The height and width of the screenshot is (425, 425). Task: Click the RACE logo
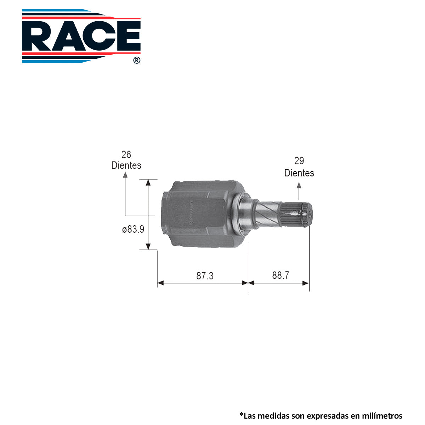(81, 36)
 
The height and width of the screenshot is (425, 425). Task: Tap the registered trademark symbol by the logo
(137, 60)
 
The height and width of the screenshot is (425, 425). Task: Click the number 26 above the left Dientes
(126, 155)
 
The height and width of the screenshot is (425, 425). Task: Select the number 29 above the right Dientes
(299, 161)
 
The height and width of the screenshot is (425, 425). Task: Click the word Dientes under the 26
(126, 165)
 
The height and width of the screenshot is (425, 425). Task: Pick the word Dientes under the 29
(299, 173)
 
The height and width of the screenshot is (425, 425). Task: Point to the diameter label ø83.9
(133, 229)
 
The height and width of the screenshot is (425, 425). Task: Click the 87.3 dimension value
(205, 276)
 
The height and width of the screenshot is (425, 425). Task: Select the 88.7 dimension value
(280, 275)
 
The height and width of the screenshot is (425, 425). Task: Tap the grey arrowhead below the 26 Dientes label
(125, 175)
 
